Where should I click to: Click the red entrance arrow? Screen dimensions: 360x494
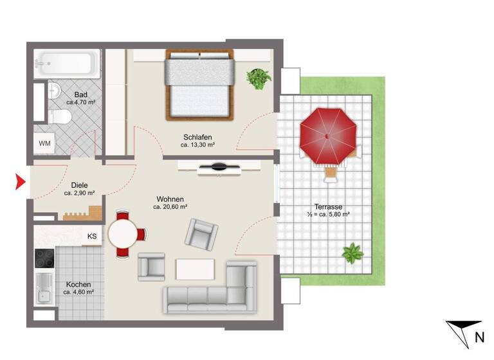point(20,182)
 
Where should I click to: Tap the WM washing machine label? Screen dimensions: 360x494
point(45,143)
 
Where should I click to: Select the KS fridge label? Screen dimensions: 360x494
point(92,236)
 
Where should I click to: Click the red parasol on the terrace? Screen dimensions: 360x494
point(328,137)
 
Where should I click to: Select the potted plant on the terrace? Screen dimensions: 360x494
point(352,253)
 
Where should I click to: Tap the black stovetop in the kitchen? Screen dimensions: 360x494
point(45,258)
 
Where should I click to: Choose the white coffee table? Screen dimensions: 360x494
point(195,268)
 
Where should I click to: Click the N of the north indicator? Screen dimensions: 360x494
point(479,336)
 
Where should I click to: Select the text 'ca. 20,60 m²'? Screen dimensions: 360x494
point(170,207)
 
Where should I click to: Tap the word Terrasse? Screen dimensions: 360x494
point(329,207)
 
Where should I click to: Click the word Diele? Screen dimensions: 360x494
point(80,184)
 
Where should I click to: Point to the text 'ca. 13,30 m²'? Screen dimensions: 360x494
point(197,145)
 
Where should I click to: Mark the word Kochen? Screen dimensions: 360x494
point(78,284)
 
